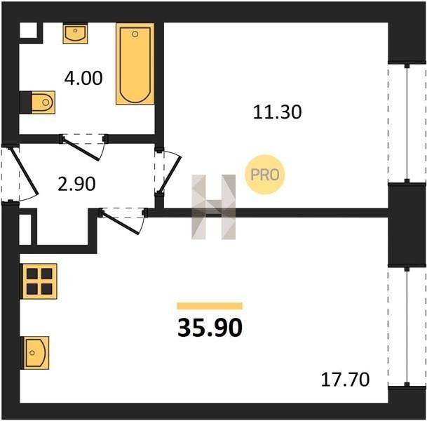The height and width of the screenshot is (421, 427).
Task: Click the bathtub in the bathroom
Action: (x=135, y=64)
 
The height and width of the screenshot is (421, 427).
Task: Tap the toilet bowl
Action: (x=43, y=102)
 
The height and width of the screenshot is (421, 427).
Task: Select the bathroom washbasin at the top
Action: (x=76, y=34)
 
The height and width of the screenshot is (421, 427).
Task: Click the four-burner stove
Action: (x=40, y=281)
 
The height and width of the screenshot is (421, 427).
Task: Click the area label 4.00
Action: (x=83, y=78)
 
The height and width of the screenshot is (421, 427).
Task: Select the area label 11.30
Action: (x=277, y=112)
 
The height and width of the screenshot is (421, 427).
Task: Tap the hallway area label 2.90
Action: (x=76, y=184)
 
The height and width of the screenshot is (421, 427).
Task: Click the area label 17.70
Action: (x=345, y=380)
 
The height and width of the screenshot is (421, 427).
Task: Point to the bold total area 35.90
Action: (x=210, y=328)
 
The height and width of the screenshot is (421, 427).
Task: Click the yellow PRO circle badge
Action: (x=265, y=175)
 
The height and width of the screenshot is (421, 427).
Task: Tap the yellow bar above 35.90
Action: (x=210, y=306)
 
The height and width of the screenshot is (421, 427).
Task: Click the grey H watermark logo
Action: (x=213, y=207)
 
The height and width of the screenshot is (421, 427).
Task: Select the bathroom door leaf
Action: (x=81, y=149)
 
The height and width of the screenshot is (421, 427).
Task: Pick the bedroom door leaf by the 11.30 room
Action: (x=170, y=175)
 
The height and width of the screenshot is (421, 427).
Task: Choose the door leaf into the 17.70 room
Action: (x=121, y=222)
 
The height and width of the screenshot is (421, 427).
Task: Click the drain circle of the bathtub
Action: (x=135, y=34)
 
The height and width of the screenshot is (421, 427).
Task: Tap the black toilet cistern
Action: (x=26, y=102)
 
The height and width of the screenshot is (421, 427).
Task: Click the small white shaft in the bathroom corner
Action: (x=28, y=30)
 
